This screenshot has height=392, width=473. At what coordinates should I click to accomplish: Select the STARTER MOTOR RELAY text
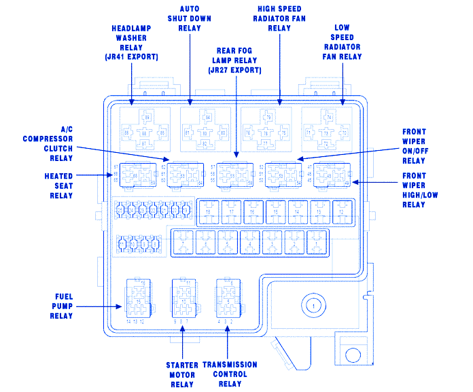click(x=181, y=374)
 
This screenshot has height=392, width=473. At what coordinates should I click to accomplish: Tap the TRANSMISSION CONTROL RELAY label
click(x=230, y=374)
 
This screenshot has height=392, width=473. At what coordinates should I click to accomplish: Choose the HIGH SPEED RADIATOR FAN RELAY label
click(x=279, y=18)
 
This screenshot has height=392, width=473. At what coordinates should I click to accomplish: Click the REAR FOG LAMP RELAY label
click(x=235, y=60)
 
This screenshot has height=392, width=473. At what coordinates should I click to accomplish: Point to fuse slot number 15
click(x=275, y=213)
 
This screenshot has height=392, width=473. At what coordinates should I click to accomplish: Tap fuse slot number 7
click(x=182, y=243)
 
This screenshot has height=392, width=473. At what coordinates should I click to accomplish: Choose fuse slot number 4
click(x=249, y=243)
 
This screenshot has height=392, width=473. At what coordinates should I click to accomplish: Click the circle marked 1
click(x=313, y=306)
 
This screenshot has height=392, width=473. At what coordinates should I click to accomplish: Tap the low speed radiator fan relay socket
click(x=328, y=128)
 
